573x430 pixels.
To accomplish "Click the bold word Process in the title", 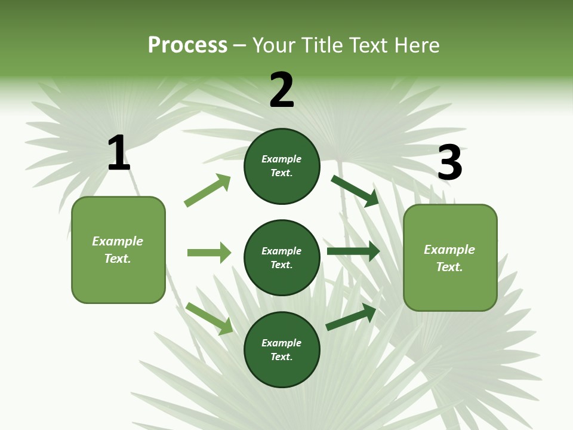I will pos(187,45).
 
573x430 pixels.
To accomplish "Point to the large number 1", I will pos(118,153).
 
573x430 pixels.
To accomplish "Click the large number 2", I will pos(282,90).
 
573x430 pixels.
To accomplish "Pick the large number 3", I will pos(449,163).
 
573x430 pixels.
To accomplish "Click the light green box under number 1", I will pos(118,250).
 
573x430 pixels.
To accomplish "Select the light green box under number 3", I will pos(450,257).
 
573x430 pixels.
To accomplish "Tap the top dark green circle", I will pos(282,166).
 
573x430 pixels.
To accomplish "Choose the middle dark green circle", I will pos(282,257).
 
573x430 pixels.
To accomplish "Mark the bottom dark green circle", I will pos(282,349).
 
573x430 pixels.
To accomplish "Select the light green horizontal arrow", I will pos(209,253).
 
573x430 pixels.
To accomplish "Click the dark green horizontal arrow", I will pos(353,251).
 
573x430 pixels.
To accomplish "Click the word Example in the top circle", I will pos(282,159).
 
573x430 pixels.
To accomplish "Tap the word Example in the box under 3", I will pos(449,250).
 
